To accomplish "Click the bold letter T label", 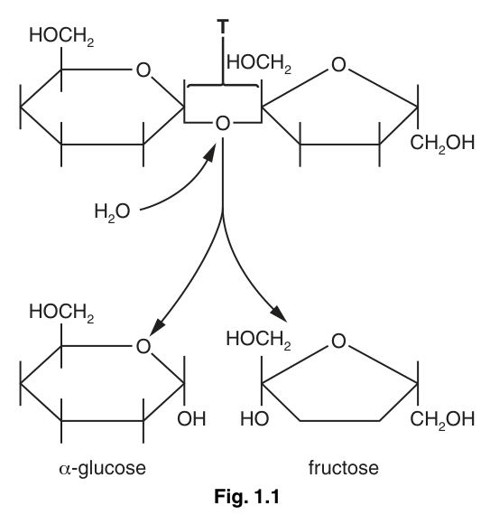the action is tap(223, 26).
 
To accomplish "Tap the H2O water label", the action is tap(112, 212).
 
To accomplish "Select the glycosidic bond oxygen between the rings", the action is tap(223, 124).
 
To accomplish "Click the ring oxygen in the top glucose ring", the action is tap(143, 70).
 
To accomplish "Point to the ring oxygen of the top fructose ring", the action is tap(338, 64).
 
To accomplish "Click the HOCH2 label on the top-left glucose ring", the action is tap(61, 36).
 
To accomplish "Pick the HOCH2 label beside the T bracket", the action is tap(259, 63).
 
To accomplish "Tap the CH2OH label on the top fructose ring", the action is tap(442, 144).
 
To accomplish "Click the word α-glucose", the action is tap(102, 469).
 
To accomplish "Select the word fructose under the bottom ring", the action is tap(344, 467).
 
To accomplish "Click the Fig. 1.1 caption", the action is tap(246, 496).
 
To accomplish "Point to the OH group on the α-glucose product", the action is tap(191, 418).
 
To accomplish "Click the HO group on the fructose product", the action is tap(254, 418).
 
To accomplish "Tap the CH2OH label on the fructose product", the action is tap(442, 420).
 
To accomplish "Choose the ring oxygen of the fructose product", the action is tap(338, 341).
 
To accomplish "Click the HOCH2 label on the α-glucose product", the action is tap(61, 313).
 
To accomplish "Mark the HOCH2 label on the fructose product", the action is tap(259, 340).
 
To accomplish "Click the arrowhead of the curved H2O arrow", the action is tap(210, 152).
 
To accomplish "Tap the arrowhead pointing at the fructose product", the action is tap(279, 314).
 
